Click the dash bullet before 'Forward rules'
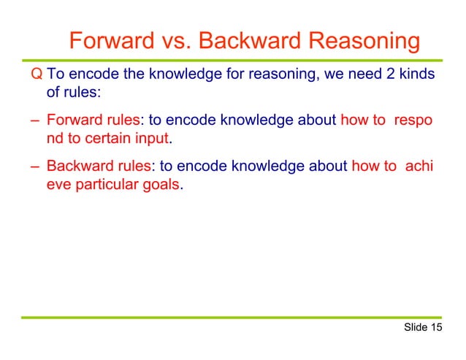(x=34, y=120)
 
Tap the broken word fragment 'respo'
(x=413, y=120)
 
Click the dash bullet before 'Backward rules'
(x=34, y=166)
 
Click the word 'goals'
(x=159, y=185)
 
